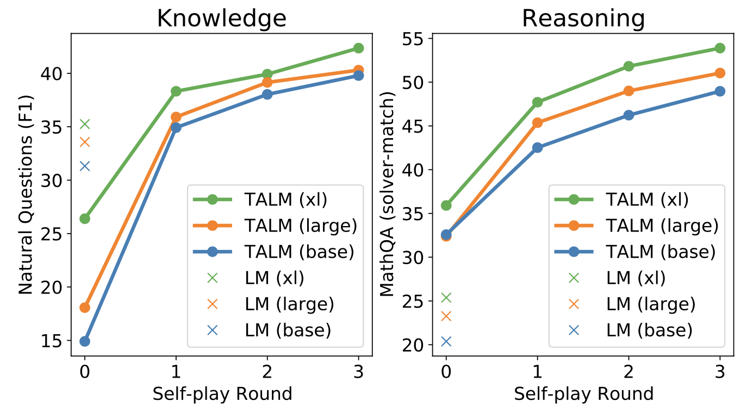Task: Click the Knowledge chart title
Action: (221, 18)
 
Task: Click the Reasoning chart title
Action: (583, 18)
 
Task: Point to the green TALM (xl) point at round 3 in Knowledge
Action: (358, 48)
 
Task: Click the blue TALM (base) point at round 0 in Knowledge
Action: (85, 341)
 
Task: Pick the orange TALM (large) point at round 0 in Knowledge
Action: (85, 308)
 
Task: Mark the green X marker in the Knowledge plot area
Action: (85, 124)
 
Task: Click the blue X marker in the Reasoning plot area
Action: (446, 341)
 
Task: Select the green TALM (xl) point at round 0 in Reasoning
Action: (446, 205)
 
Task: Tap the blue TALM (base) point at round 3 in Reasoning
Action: (720, 91)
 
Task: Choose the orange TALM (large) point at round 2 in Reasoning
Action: (628, 91)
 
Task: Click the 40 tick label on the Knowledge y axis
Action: (54, 73)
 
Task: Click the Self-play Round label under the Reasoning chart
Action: (583, 394)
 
